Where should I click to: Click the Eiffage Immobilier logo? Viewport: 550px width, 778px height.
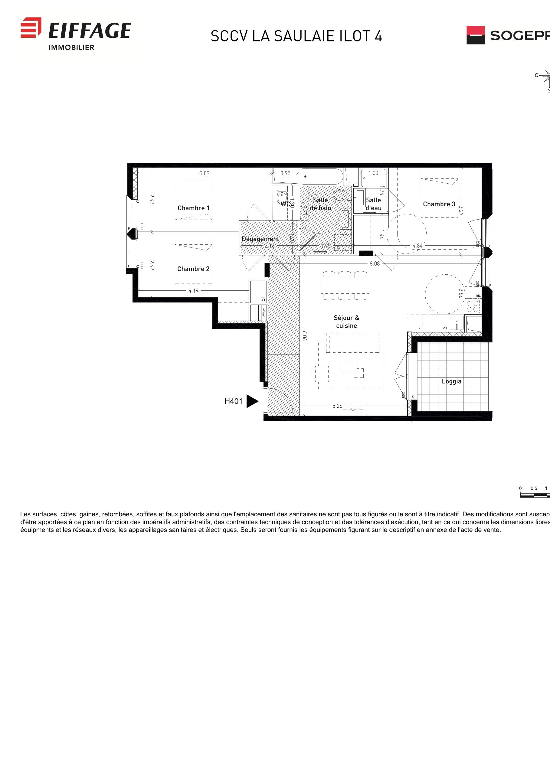[76, 33]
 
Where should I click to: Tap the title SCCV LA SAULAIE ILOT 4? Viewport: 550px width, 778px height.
[296, 36]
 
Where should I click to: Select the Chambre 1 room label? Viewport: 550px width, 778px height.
[194, 208]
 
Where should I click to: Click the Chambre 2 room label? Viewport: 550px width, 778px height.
[193, 269]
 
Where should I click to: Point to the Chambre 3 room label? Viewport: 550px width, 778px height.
[439, 204]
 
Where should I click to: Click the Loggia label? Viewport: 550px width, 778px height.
[451, 381]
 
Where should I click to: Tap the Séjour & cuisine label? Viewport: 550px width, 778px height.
[346, 322]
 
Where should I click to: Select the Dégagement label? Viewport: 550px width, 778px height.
[260, 239]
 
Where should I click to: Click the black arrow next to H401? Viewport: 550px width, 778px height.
[252, 401]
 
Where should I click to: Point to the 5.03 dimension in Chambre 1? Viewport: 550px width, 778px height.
[204, 173]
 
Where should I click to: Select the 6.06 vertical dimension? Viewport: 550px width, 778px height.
[304, 335]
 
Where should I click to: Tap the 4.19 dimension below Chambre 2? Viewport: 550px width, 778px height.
[194, 291]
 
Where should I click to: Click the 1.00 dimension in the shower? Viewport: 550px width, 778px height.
[373, 173]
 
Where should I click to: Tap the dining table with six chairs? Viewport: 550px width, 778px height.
[345, 285]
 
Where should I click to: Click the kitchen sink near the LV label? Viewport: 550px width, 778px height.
[456, 322]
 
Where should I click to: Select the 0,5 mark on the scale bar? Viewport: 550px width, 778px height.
[534, 488]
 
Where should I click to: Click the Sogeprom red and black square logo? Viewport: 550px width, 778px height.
[476, 35]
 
